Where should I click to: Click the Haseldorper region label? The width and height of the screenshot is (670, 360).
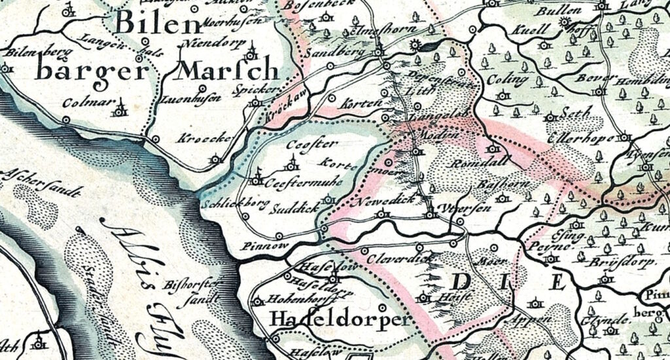341,320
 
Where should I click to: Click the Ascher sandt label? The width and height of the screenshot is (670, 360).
41,183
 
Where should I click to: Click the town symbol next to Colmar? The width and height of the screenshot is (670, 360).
118,109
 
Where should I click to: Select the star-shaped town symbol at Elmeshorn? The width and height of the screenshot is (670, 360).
413,45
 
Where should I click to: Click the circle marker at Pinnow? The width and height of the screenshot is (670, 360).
279,236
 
